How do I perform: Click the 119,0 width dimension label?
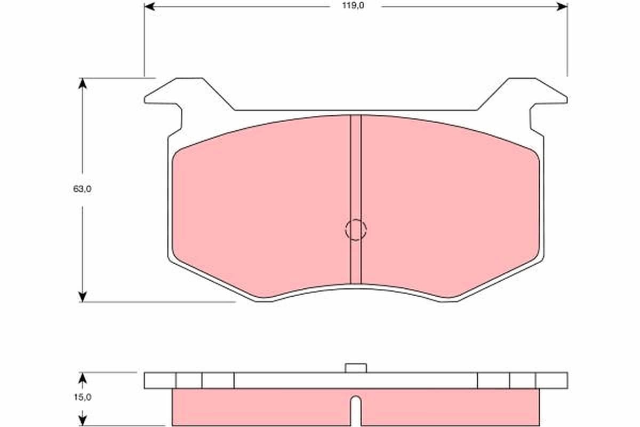353,6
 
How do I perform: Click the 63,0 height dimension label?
82,189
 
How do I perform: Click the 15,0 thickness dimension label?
83,397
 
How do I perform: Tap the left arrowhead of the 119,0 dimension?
150,6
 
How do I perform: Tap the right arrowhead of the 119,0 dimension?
562,6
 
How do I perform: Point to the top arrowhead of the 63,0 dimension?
82,83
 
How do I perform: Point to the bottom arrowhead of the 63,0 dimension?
82,297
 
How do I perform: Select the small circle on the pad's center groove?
356,230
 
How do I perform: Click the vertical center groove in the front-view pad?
356,199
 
